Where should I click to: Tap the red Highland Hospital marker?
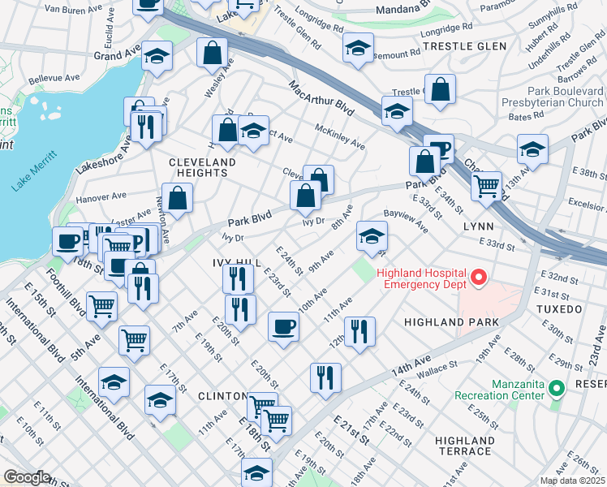pyautogui.click(x=478, y=278)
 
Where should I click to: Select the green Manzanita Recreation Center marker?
pyautogui.click(x=556, y=389)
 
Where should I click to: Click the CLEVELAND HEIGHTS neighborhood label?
pyautogui.click(x=203, y=167)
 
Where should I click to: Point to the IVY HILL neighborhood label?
pyautogui.click(x=236, y=263)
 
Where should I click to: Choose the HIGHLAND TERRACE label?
pyautogui.click(x=463, y=446)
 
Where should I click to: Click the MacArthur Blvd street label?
pyautogui.click(x=323, y=96)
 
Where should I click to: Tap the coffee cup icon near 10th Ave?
pyautogui.click(x=283, y=326)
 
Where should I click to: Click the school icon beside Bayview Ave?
pyautogui.click(x=372, y=236)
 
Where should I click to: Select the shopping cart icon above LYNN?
pyautogui.click(x=486, y=186)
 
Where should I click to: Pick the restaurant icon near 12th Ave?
pyautogui.click(x=358, y=331)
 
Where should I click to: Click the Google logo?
pyautogui.click(x=27, y=477)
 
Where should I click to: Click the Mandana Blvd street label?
pyautogui.click(x=407, y=12)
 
